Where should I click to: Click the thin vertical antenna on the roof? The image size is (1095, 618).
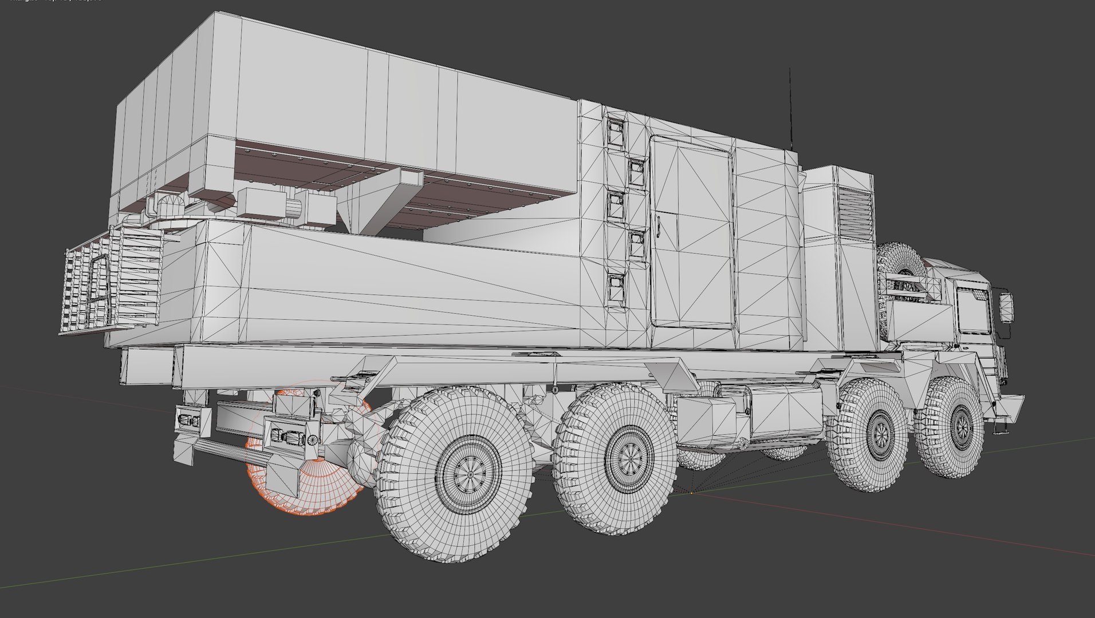pyautogui.click(x=790, y=109)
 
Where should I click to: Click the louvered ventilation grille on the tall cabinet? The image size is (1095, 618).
pyautogui.click(x=856, y=215)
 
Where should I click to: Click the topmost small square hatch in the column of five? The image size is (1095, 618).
pyautogui.click(x=615, y=132)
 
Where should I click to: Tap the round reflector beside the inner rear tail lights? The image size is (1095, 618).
pyautogui.click(x=313, y=440)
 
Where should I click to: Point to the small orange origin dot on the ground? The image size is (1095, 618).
pyautogui.click(x=691, y=492)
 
